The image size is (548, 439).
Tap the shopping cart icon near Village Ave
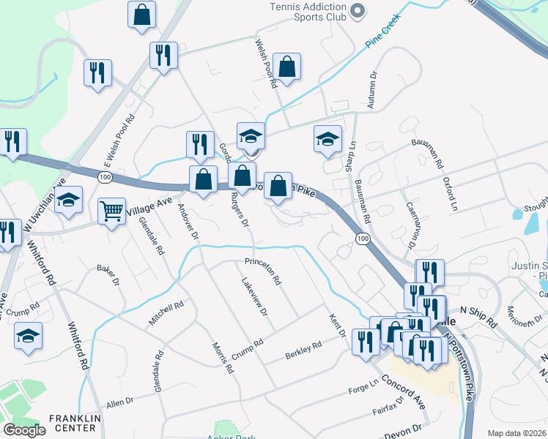point(111,211)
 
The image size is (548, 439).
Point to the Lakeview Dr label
point(254,296)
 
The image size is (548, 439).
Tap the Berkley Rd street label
point(303,351)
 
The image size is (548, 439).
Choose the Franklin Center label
point(73,422)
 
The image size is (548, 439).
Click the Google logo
point(24,429)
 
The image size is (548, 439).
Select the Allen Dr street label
point(121,402)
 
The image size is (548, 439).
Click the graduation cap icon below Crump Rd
point(29,336)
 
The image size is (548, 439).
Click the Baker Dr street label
point(108,274)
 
